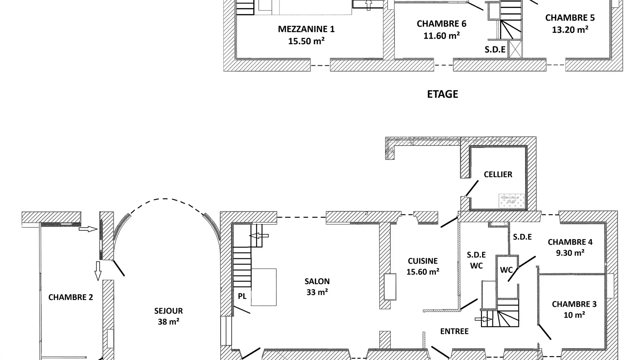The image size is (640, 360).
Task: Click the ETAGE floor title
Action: [x=442, y=94]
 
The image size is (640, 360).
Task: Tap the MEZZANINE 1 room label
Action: [x=306, y=29]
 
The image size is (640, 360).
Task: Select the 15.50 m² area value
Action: [x=306, y=41]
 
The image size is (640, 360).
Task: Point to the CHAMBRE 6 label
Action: [x=441, y=24]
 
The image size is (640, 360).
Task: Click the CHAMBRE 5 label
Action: [x=570, y=18]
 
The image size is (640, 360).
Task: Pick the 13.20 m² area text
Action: [x=570, y=30]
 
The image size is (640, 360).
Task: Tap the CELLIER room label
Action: [x=498, y=175]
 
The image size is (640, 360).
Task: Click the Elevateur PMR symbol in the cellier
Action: [x=511, y=200]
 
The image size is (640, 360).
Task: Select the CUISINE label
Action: [x=423, y=261]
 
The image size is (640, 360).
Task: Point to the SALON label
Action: [x=317, y=282]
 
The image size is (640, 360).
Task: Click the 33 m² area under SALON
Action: [x=317, y=292]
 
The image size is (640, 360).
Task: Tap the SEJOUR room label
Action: [x=168, y=311]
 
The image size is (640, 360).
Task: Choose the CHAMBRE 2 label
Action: [x=70, y=297]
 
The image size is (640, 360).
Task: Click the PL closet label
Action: [x=242, y=296]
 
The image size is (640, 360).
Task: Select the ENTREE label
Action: [x=454, y=331]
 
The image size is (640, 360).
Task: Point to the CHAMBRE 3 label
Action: [x=574, y=304]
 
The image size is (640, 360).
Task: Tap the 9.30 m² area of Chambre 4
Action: [x=570, y=253]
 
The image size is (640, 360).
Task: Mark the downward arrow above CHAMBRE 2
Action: [x=98, y=271]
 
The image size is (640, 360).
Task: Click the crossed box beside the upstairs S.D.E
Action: [x=515, y=49]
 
